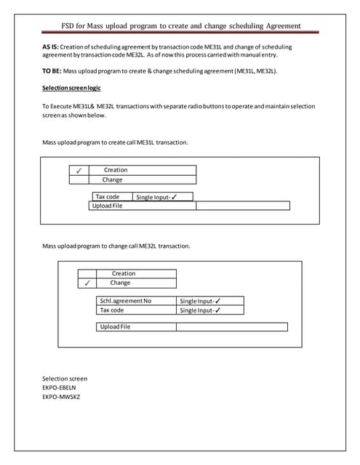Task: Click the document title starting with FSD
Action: coord(181,27)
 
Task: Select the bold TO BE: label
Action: coord(52,71)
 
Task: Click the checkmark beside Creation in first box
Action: coord(78,170)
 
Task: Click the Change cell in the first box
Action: coord(113,179)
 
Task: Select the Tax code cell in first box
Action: coord(108,197)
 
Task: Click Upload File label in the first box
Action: coord(107,206)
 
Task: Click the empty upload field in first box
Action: coord(243,206)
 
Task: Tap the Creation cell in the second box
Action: coord(124,274)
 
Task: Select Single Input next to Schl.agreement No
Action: coord(201,301)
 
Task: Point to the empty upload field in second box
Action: coord(232,327)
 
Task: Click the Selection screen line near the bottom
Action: coord(65,379)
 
